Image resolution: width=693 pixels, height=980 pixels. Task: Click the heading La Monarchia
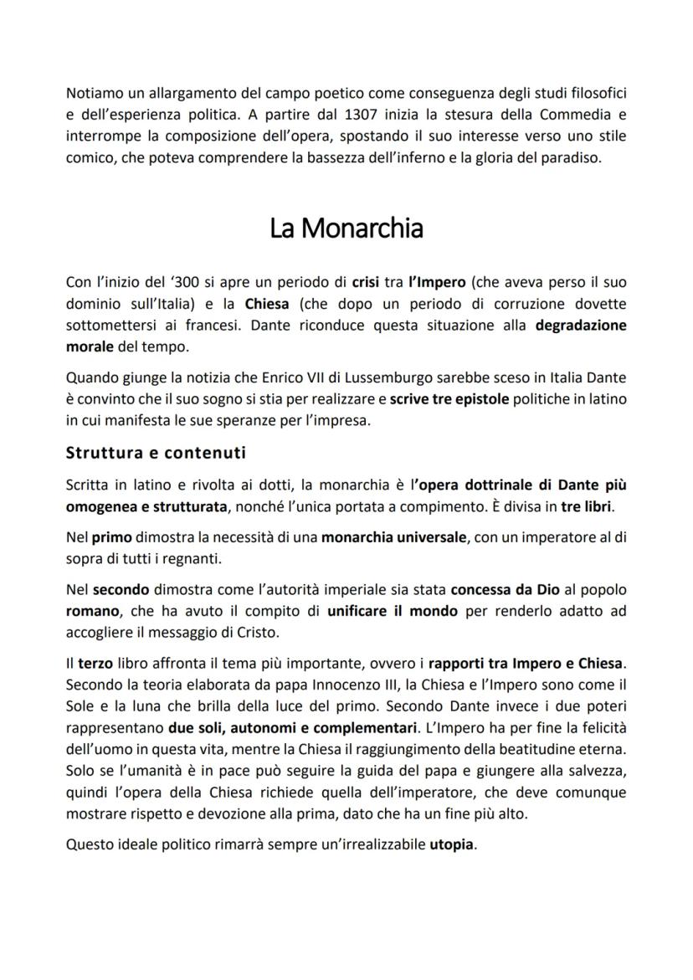tap(346, 228)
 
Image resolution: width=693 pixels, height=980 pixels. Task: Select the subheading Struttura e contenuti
tap(156, 454)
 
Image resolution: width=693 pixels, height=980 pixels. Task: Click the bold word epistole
tap(480, 400)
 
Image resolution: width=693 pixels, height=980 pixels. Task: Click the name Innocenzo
tap(322, 685)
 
